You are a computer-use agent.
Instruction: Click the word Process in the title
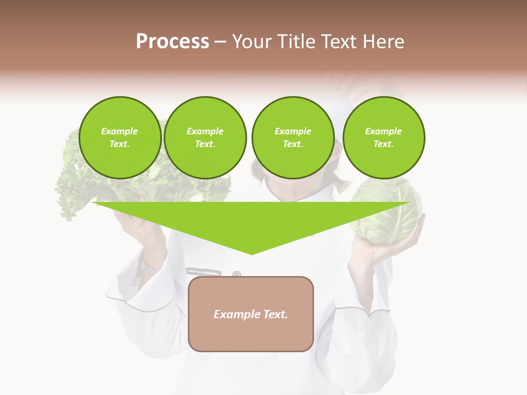[x=172, y=42]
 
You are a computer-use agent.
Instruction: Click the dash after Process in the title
[x=221, y=42]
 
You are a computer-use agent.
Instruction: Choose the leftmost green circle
[x=120, y=138]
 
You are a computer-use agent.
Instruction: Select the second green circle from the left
[x=205, y=138]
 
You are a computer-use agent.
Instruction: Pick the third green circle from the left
[x=293, y=138]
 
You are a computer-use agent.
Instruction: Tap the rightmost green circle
[x=384, y=138]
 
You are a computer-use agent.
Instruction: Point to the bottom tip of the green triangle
[x=251, y=253]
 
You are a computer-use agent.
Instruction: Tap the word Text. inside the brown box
[x=276, y=314]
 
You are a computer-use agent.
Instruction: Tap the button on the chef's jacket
[x=237, y=274]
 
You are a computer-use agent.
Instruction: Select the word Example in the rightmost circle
[x=384, y=131]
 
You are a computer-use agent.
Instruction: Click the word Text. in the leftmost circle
[x=120, y=144]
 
